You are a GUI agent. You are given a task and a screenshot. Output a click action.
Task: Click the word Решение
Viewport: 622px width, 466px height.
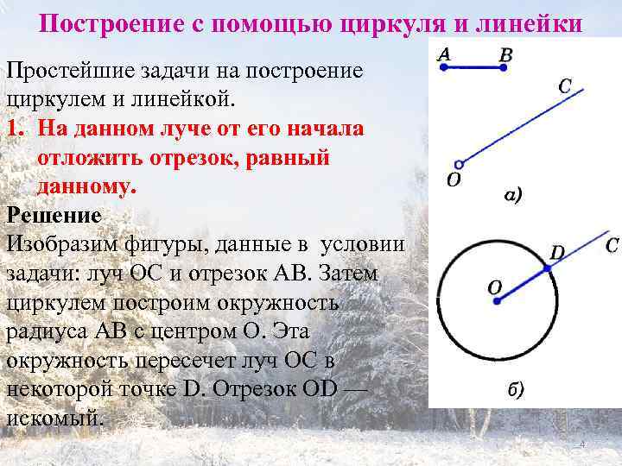54,214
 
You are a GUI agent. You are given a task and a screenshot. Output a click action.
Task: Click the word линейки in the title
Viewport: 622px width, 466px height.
538,22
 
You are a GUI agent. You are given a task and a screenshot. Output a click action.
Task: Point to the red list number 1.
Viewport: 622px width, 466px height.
15,128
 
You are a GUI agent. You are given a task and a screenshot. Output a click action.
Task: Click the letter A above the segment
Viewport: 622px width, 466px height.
443,54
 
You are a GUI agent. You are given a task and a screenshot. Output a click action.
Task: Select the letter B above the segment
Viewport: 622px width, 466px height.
506,54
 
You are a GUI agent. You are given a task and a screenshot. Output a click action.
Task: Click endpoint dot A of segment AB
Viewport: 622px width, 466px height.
443,67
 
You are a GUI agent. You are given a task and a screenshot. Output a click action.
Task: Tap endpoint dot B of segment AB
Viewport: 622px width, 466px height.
505,67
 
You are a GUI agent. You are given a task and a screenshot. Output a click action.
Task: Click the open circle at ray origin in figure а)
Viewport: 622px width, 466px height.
460,163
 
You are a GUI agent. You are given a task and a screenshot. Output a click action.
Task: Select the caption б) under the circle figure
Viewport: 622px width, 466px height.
514,389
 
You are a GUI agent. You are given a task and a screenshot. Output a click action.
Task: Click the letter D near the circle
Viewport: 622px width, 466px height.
558,253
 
